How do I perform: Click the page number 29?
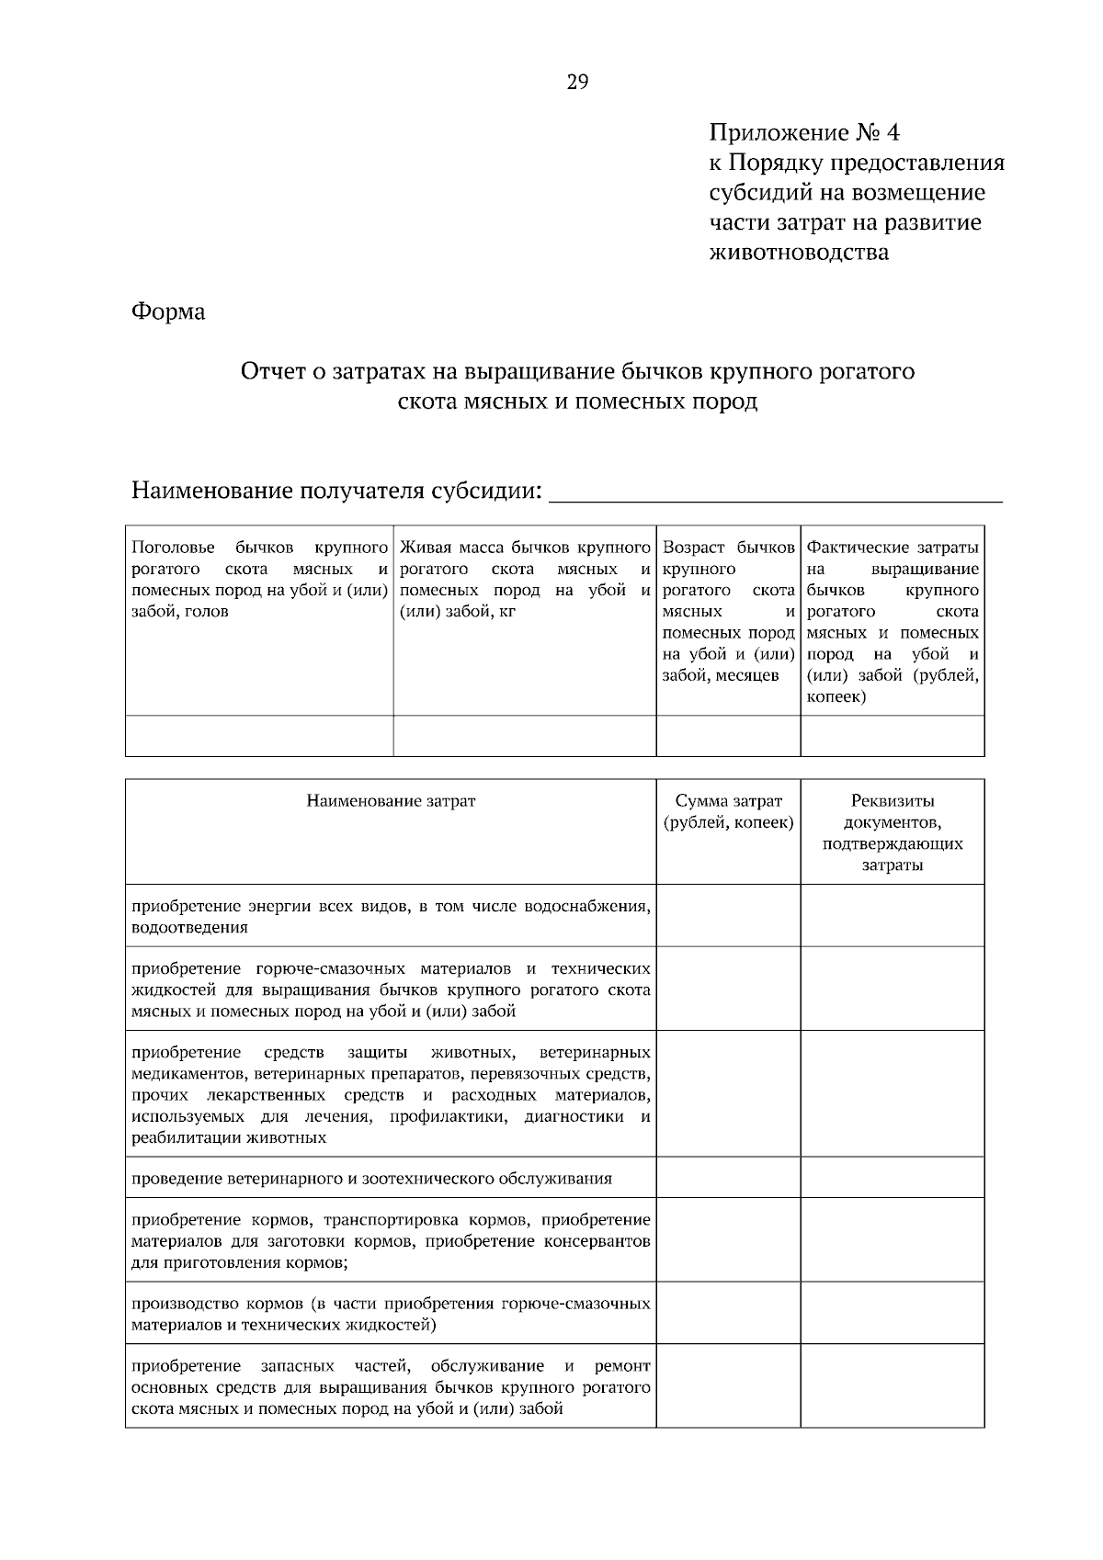click(577, 83)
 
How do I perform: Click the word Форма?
click(168, 312)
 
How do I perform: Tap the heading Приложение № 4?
click(804, 133)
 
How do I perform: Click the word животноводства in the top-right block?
click(799, 252)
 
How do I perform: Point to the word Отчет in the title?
click(271, 372)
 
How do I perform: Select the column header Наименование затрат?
click(391, 801)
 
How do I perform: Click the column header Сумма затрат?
click(728, 811)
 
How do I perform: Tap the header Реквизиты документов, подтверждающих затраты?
click(893, 832)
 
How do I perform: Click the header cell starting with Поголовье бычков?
click(259, 580)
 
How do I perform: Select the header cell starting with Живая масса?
click(525, 580)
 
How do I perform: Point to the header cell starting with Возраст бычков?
click(728, 611)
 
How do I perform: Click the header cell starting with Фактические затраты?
click(893, 621)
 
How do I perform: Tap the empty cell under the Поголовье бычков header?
click(259, 736)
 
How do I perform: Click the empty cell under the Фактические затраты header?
click(893, 736)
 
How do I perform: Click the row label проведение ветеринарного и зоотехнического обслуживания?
click(371, 1179)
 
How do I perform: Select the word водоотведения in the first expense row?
click(189, 928)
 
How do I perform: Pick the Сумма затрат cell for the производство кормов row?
click(728, 1315)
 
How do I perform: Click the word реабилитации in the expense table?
click(187, 1138)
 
